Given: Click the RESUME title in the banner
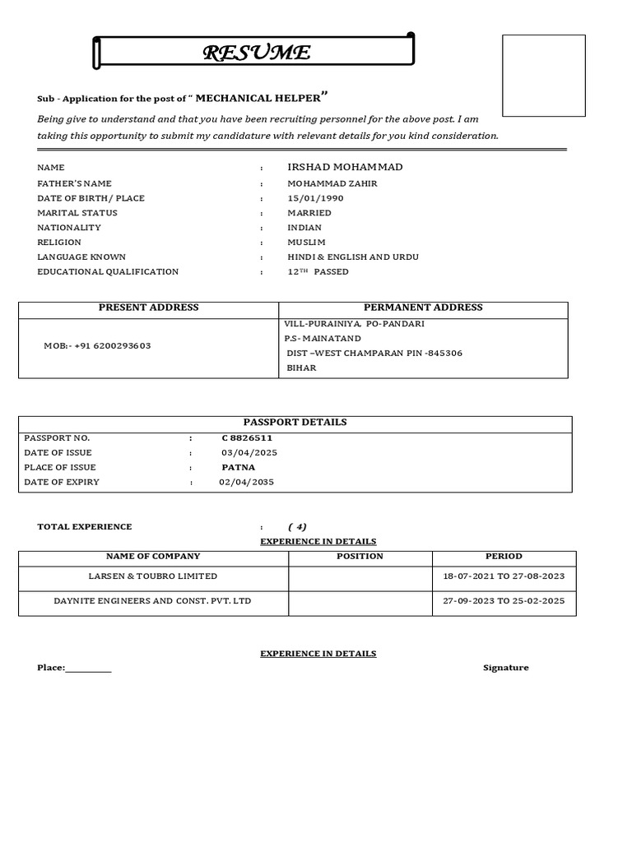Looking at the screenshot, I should coord(257,53).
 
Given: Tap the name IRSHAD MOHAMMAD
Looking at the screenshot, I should coord(345,167).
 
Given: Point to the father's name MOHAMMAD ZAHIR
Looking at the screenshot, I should coord(332,183).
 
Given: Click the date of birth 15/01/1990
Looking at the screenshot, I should coord(315,198).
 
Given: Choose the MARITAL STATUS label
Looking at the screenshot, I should coord(77,213).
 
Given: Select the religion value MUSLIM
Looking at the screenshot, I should coord(306,243).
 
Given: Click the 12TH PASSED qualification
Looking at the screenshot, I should coord(318,271).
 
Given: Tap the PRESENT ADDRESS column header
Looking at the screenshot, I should coord(149,308).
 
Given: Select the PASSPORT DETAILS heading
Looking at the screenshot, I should coord(295,422).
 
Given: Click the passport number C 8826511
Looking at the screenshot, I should coord(247,437).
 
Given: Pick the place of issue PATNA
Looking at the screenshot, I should coord(239,467).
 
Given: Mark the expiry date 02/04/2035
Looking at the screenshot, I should coord(247,482).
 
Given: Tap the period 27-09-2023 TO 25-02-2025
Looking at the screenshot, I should coord(504,601).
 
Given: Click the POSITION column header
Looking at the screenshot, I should coord(360,557).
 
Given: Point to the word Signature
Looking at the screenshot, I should coord(505,668).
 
